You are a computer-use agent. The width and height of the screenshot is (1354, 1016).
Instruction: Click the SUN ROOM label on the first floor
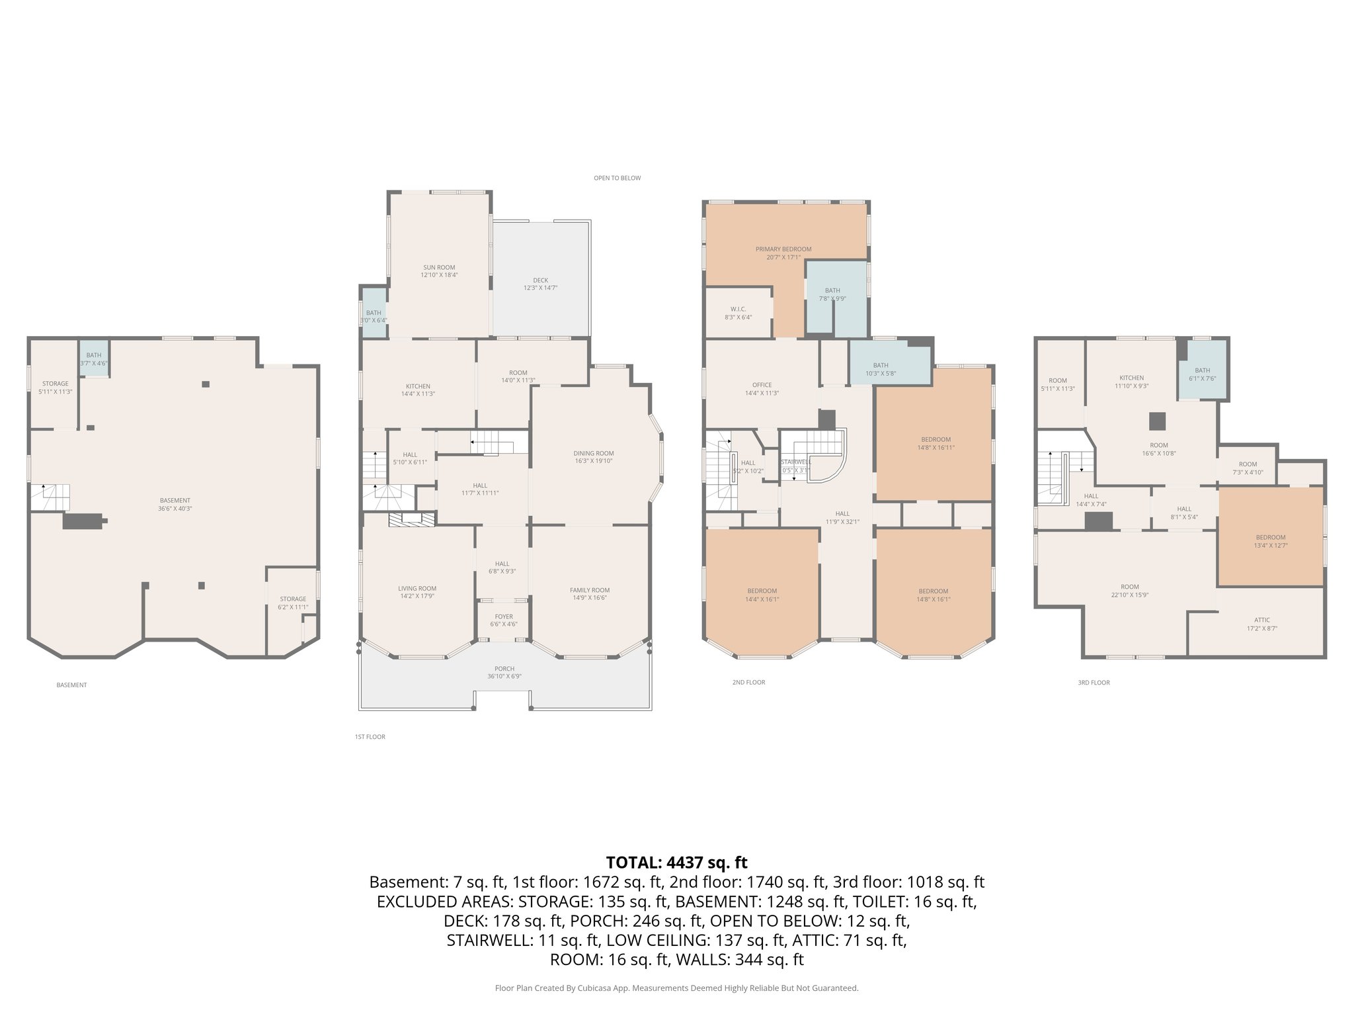[x=439, y=267]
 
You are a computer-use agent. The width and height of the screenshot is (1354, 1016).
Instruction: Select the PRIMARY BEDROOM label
[x=783, y=249]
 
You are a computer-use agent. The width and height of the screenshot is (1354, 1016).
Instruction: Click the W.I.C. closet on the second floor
[x=738, y=310]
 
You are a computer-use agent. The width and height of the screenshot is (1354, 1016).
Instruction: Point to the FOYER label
[x=503, y=616]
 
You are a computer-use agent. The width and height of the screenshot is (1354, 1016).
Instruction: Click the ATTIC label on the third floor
[x=1261, y=620]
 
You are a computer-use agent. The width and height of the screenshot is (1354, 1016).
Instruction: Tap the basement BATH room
[x=94, y=359]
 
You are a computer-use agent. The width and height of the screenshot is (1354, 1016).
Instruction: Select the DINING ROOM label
[x=594, y=453]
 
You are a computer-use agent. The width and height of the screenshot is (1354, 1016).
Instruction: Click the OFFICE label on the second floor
[x=762, y=385]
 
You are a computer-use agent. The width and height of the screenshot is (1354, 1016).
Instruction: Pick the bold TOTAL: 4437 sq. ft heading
[x=676, y=863]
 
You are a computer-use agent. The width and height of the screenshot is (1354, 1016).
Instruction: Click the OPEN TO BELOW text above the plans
[x=617, y=178]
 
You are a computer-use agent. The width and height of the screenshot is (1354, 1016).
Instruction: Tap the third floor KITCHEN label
[x=1131, y=378]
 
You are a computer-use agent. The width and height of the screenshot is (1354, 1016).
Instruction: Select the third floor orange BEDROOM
[x=1270, y=537]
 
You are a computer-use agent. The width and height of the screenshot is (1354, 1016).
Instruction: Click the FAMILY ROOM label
[x=590, y=590]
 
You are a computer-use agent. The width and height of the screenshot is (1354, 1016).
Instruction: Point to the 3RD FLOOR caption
[x=1094, y=682]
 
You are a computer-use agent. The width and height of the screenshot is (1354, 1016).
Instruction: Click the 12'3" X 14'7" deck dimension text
[x=541, y=288]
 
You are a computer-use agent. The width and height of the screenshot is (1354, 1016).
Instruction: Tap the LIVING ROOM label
[x=417, y=588]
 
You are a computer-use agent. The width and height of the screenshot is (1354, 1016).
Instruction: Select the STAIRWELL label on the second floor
[x=795, y=462]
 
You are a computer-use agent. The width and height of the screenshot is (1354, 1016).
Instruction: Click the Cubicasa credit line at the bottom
[x=676, y=988]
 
